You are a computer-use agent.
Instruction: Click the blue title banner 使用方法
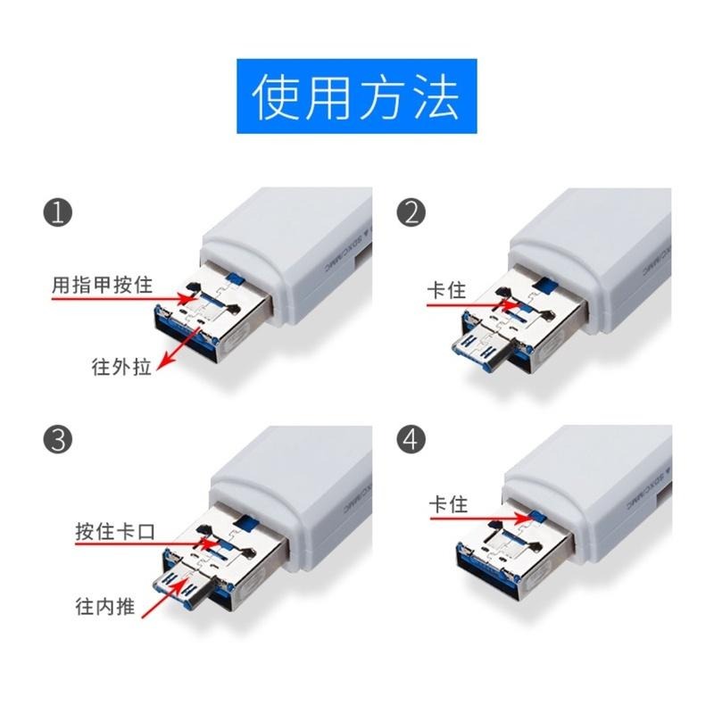point(356,96)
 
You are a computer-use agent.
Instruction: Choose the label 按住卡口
point(115,531)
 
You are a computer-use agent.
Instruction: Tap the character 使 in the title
point(278,96)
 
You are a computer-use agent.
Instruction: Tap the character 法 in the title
point(434,96)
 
